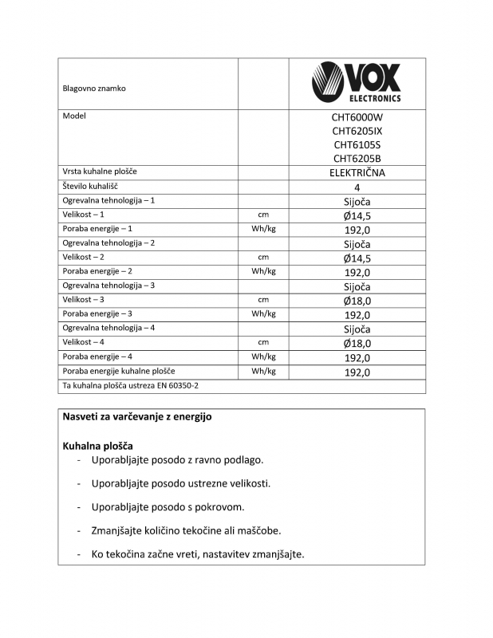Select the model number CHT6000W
[357, 116]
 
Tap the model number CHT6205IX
[357, 131]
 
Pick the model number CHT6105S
[357, 145]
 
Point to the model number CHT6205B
[357, 159]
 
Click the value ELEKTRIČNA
[357, 173]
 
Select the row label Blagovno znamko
[94, 89]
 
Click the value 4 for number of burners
[357, 187]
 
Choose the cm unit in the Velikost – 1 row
[263, 215]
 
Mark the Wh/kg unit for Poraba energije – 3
[263, 314]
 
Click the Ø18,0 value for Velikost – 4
[357, 344]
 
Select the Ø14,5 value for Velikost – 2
[357, 258]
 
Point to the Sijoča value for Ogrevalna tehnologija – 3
[357, 286]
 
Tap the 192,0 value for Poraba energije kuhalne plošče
[357, 372]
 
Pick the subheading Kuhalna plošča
[97, 445]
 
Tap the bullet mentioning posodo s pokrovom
[168, 507]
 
